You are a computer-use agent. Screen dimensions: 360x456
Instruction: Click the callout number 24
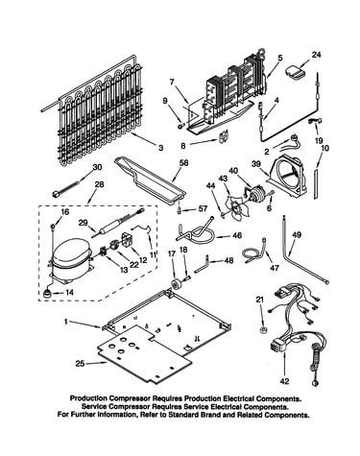coord(316,55)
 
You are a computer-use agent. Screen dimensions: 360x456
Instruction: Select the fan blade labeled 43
coord(234,209)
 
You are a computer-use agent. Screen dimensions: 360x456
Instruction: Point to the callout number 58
coord(183,163)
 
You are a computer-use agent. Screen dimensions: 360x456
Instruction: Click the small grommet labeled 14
coord(48,293)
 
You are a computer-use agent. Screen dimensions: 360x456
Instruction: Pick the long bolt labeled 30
coord(65,189)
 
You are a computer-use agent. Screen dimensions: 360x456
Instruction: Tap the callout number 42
coord(284,381)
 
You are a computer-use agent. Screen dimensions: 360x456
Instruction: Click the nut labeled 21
coord(262,329)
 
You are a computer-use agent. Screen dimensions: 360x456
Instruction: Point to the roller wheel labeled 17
coord(176,284)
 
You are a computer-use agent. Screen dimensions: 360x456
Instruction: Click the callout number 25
coord(81,364)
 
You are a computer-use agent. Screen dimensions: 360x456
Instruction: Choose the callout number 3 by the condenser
coord(160,148)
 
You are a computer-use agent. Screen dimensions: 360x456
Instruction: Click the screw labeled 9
coord(181,126)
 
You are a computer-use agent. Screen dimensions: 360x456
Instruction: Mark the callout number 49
coord(297,235)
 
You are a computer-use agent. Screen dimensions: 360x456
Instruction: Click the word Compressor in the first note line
coord(130,398)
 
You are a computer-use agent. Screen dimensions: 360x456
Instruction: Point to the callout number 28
coord(99,184)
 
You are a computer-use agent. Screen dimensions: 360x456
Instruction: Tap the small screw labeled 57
coord(180,210)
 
